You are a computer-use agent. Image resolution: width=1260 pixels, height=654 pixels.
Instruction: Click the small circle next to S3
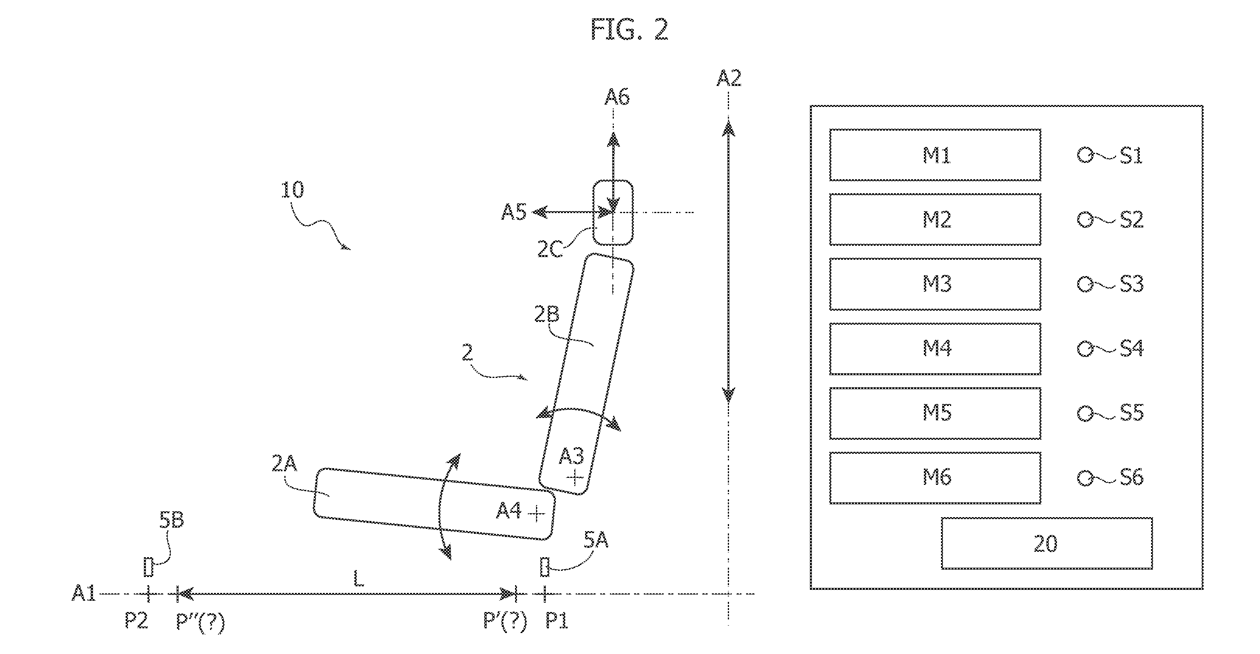(x=1085, y=284)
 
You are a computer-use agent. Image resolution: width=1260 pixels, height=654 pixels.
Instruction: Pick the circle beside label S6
(x=1085, y=477)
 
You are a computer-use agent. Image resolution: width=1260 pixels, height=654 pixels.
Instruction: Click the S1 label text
(x=1131, y=156)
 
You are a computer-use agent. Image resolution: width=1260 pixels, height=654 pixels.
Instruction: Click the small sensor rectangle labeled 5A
(x=544, y=567)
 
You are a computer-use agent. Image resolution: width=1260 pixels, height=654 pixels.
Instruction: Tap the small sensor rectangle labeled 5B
(x=149, y=567)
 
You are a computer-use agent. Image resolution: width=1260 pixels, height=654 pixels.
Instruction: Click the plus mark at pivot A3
(x=575, y=477)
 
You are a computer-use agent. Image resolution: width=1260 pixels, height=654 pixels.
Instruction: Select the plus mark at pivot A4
(x=537, y=514)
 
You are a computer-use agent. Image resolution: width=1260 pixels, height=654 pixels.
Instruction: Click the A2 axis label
(x=729, y=78)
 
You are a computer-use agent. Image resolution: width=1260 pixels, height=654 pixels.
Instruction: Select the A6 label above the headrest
(x=617, y=97)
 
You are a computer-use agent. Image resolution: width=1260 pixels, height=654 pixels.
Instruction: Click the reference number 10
(x=292, y=190)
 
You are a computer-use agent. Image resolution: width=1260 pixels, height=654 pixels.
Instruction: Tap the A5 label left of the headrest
(x=513, y=212)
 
